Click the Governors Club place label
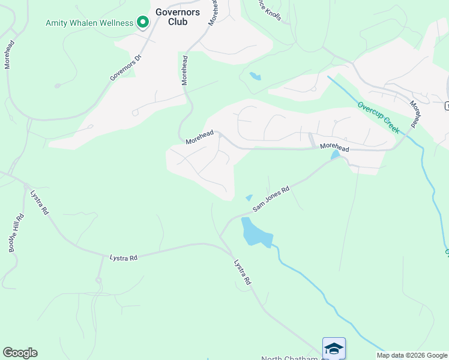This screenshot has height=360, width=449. pos(171,16)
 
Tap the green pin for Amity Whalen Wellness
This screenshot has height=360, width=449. pos(143,23)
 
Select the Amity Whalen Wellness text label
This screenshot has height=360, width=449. pos(89,23)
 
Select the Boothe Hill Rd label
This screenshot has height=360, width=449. pos(16,233)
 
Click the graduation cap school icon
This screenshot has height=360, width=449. pos(334,348)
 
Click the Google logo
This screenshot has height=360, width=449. pos(20,353)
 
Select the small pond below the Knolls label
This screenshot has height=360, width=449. pos(256,76)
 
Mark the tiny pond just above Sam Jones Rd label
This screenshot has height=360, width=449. pos(249,197)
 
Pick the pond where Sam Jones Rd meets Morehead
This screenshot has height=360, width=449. pos(336,155)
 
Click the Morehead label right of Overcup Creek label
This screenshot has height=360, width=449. pos(414,113)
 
